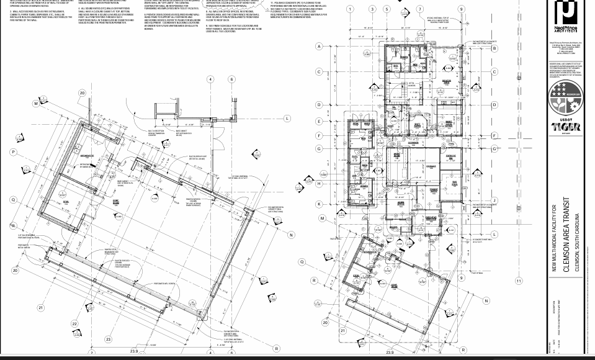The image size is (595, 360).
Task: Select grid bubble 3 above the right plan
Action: (372, 9)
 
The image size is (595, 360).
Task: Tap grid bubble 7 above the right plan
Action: (420, 9)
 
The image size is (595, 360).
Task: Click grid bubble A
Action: (320, 47)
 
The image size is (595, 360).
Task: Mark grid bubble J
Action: (494, 200)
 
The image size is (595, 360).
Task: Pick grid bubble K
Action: (320, 204)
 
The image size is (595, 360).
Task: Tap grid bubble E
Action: (320, 122)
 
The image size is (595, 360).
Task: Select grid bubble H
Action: (320, 184)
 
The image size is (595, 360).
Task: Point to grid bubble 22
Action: (74, 323)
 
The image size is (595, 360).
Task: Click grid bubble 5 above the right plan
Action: (387, 9)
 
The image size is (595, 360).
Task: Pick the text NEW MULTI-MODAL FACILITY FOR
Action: (554, 238)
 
